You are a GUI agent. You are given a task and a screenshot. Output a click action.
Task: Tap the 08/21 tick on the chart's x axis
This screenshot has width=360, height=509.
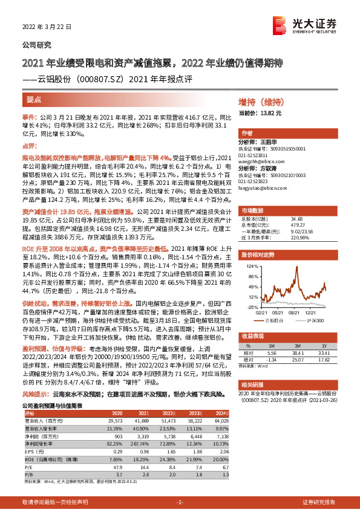[295, 313]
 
